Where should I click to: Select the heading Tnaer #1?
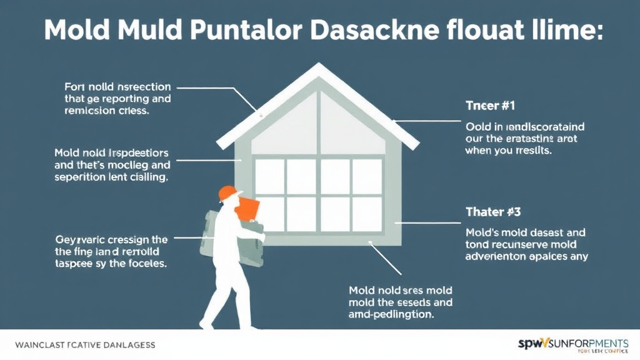[x=490, y=106]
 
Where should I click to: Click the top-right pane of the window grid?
[x=367, y=176]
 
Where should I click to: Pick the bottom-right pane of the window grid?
[x=367, y=214]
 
